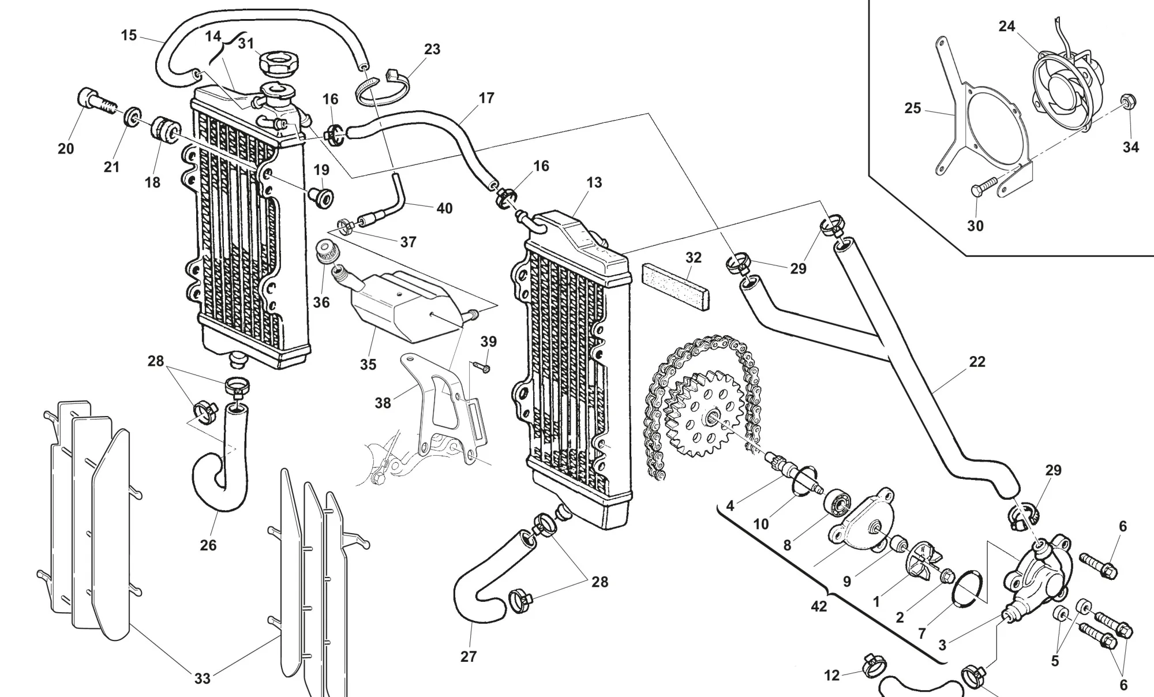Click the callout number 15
click(129, 35)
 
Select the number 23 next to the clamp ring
click(432, 50)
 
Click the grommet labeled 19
click(321, 197)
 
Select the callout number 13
click(594, 183)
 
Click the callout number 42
click(819, 606)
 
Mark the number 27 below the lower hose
click(469, 656)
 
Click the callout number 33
click(202, 679)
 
